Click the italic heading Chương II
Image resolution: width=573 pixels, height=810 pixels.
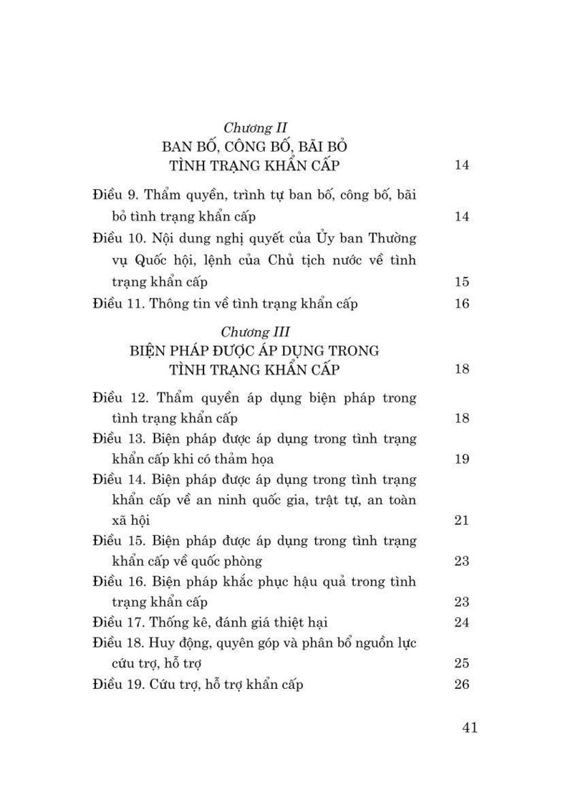pyautogui.click(x=255, y=128)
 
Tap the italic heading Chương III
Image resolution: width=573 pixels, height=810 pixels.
pyautogui.click(x=255, y=332)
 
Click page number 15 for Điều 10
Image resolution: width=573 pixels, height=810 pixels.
pyautogui.click(x=462, y=282)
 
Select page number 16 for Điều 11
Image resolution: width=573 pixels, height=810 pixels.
pyautogui.click(x=462, y=304)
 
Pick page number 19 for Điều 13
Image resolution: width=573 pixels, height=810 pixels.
pyautogui.click(x=462, y=458)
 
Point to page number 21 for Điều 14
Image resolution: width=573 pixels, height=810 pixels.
pyautogui.click(x=462, y=520)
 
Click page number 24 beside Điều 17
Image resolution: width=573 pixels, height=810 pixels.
pyautogui.click(x=462, y=622)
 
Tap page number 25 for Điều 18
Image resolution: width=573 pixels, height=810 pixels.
pyautogui.click(x=462, y=663)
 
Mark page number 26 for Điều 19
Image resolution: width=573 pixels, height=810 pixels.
pyautogui.click(x=462, y=684)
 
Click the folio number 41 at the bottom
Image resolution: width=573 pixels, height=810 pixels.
pyautogui.click(x=470, y=728)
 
